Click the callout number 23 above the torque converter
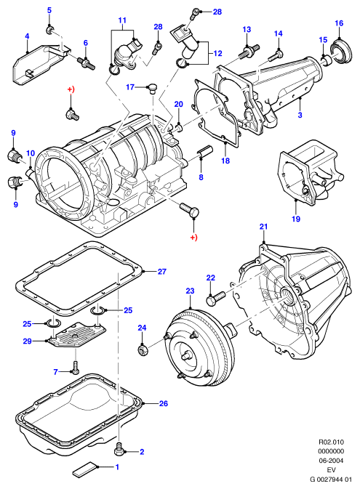point(190,291)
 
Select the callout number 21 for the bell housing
point(263,227)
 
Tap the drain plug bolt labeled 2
point(119,449)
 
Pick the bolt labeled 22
point(215,297)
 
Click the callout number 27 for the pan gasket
point(161,272)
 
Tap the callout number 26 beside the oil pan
point(164,403)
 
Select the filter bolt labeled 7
point(75,368)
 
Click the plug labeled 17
point(152,88)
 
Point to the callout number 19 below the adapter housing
point(296,219)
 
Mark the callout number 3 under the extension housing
point(300,115)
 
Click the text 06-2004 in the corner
point(331,461)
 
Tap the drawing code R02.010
point(331,442)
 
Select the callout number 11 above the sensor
point(122,20)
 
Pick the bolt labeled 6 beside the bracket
point(86,63)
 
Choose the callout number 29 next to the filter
point(27,342)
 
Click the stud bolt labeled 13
point(249,51)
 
